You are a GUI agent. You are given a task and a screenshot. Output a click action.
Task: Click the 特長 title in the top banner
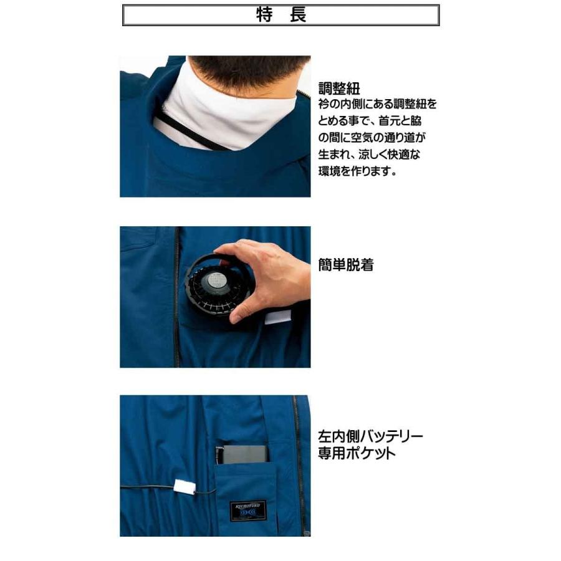click(281, 16)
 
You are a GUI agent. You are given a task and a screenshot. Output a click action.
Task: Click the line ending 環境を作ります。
click(357, 171)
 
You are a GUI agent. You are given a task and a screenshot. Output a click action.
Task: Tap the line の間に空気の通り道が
click(371, 137)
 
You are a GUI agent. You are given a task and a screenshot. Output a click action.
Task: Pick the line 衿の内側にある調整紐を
click(378, 103)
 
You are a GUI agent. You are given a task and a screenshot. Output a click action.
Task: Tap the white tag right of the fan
click(274, 319)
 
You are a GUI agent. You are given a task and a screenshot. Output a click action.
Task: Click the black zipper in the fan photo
click(177, 299)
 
